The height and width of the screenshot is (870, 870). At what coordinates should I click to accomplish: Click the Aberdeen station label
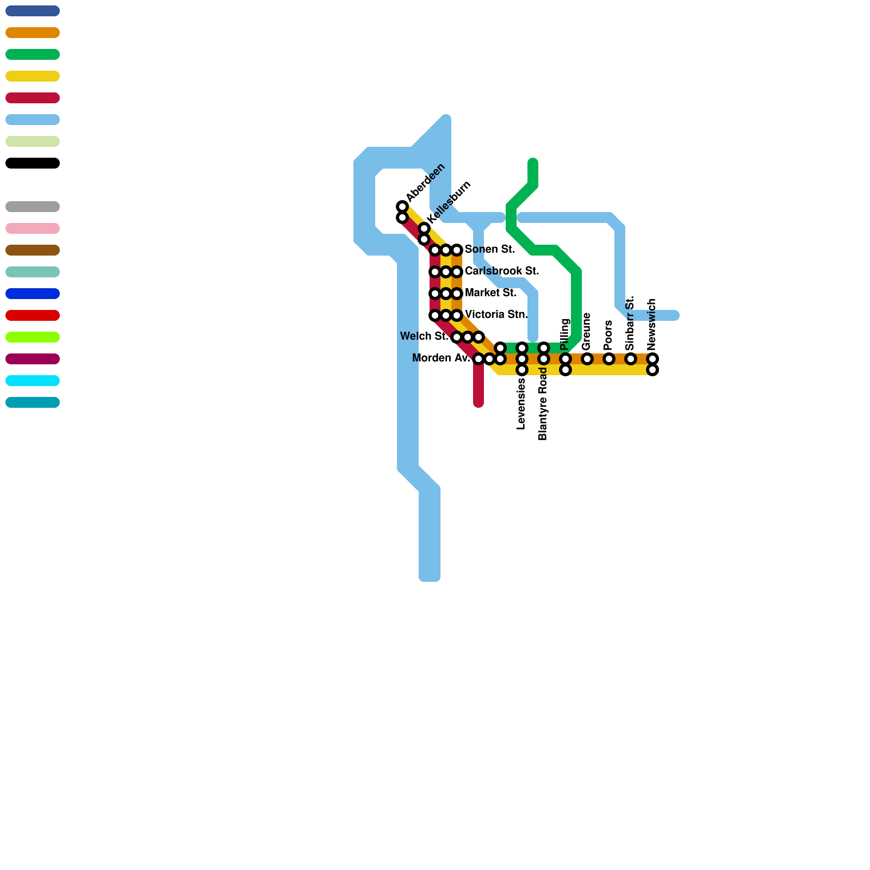point(425,181)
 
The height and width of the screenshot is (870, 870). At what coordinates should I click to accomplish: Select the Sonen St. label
point(490,250)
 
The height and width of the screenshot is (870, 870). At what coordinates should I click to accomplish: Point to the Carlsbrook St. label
point(502,271)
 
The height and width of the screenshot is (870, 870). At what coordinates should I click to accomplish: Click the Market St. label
point(490,293)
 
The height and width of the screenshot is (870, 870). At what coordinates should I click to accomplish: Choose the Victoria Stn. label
point(496,315)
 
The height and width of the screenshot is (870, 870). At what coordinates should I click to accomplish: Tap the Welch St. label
point(424,337)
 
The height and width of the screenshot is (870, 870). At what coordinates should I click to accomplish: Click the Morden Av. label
point(441,358)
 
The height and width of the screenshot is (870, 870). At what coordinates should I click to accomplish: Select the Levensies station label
point(521,404)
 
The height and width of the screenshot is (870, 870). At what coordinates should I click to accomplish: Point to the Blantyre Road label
point(543,404)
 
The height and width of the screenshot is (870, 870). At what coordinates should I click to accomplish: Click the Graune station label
point(586,332)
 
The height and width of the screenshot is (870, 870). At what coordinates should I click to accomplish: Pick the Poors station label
point(608,335)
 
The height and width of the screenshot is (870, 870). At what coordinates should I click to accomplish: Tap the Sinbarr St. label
point(630,324)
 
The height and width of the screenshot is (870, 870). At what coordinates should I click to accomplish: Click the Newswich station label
point(652,325)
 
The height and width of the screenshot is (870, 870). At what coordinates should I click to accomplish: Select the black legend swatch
point(33,163)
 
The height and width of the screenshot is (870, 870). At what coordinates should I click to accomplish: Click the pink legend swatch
point(33,228)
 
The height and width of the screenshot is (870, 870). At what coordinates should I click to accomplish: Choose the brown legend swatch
point(33,250)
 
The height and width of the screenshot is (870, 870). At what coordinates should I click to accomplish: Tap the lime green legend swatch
point(33,337)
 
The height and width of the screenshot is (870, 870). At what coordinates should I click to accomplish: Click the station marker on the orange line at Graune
point(587,359)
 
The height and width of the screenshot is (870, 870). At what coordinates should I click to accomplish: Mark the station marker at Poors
point(609,359)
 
